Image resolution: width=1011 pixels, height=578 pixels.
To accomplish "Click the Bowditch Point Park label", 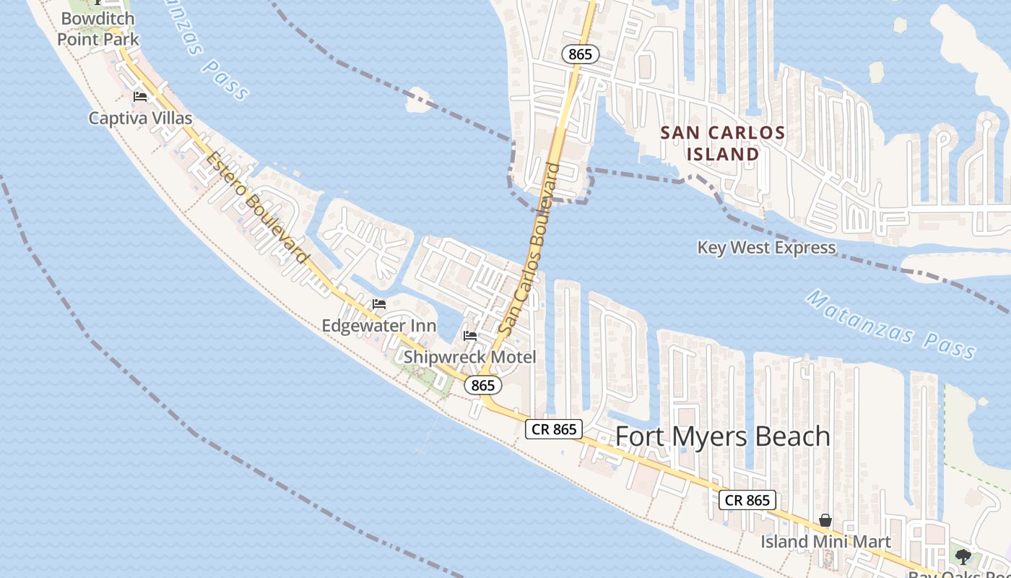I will (98, 28).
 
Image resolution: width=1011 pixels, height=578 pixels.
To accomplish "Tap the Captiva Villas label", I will (140, 118).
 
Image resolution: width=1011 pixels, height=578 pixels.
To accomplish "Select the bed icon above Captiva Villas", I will (140, 96).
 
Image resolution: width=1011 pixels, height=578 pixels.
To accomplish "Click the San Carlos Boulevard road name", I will (529, 250).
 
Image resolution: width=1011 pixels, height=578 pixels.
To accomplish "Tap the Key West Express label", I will (766, 248).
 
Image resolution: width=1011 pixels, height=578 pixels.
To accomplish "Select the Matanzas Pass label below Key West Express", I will (890, 324).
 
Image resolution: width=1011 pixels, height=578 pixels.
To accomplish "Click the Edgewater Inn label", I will (379, 326).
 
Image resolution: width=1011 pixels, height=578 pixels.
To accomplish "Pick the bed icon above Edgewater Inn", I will (379, 304).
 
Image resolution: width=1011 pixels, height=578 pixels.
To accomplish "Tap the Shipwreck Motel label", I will (469, 357).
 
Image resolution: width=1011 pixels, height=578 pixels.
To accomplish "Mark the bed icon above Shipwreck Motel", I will (469, 335).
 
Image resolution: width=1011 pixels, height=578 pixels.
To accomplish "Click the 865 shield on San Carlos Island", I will (580, 53).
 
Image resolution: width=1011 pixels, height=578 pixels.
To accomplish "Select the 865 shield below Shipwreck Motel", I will (482, 386).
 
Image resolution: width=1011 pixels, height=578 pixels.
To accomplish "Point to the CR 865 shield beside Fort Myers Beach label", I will (554, 429).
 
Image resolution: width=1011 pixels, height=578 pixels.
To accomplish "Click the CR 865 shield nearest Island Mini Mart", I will (747, 500).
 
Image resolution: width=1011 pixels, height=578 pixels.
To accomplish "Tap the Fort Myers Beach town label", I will (723, 436).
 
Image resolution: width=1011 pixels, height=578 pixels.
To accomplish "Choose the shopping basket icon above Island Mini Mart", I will (825, 520).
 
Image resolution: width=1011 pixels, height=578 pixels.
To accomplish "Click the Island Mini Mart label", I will (825, 541).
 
